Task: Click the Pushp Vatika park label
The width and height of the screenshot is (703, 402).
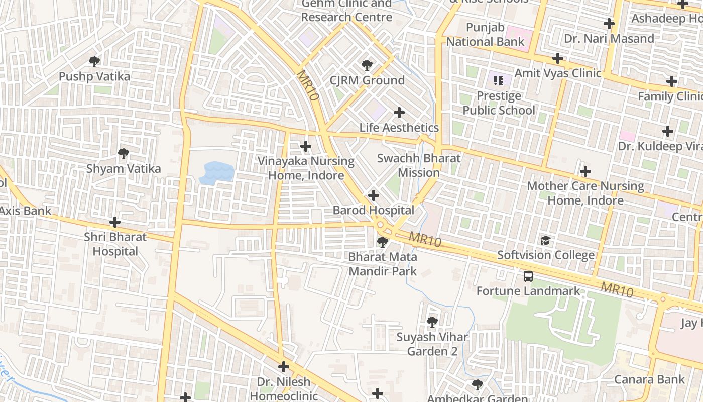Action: pos(94,77)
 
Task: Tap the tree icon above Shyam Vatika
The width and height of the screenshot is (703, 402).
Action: pos(123,154)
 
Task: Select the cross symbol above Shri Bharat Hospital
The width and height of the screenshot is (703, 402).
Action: pos(115,222)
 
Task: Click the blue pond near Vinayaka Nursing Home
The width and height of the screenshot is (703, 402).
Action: pos(217,172)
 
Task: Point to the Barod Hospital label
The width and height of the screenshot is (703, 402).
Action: pos(374,210)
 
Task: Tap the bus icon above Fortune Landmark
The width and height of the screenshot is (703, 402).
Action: pos(528,276)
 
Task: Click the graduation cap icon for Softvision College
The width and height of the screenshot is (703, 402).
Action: pos(545,240)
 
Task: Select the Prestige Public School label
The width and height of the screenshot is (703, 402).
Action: pos(499,103)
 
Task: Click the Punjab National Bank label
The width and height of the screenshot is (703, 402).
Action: pos(485,35)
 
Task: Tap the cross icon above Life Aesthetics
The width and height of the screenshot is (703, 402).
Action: pos(399,113)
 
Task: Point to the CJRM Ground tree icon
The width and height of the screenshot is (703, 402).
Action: pos(367,65)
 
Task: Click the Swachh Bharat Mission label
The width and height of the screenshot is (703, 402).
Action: pos(419,165)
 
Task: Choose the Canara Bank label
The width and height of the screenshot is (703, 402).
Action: pos(649,379)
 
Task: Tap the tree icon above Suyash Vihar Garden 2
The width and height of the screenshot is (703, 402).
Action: pos(432,322)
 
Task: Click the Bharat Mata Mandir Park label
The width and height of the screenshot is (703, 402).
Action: pos(383,264)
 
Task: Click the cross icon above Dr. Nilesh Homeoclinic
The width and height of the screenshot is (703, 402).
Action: pos(284,367)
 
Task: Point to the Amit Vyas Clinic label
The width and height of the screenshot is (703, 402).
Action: pos(558,73)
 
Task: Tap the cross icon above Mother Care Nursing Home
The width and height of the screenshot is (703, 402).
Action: pos(585,171)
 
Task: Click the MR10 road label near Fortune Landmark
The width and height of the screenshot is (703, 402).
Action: pos(617,289)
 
